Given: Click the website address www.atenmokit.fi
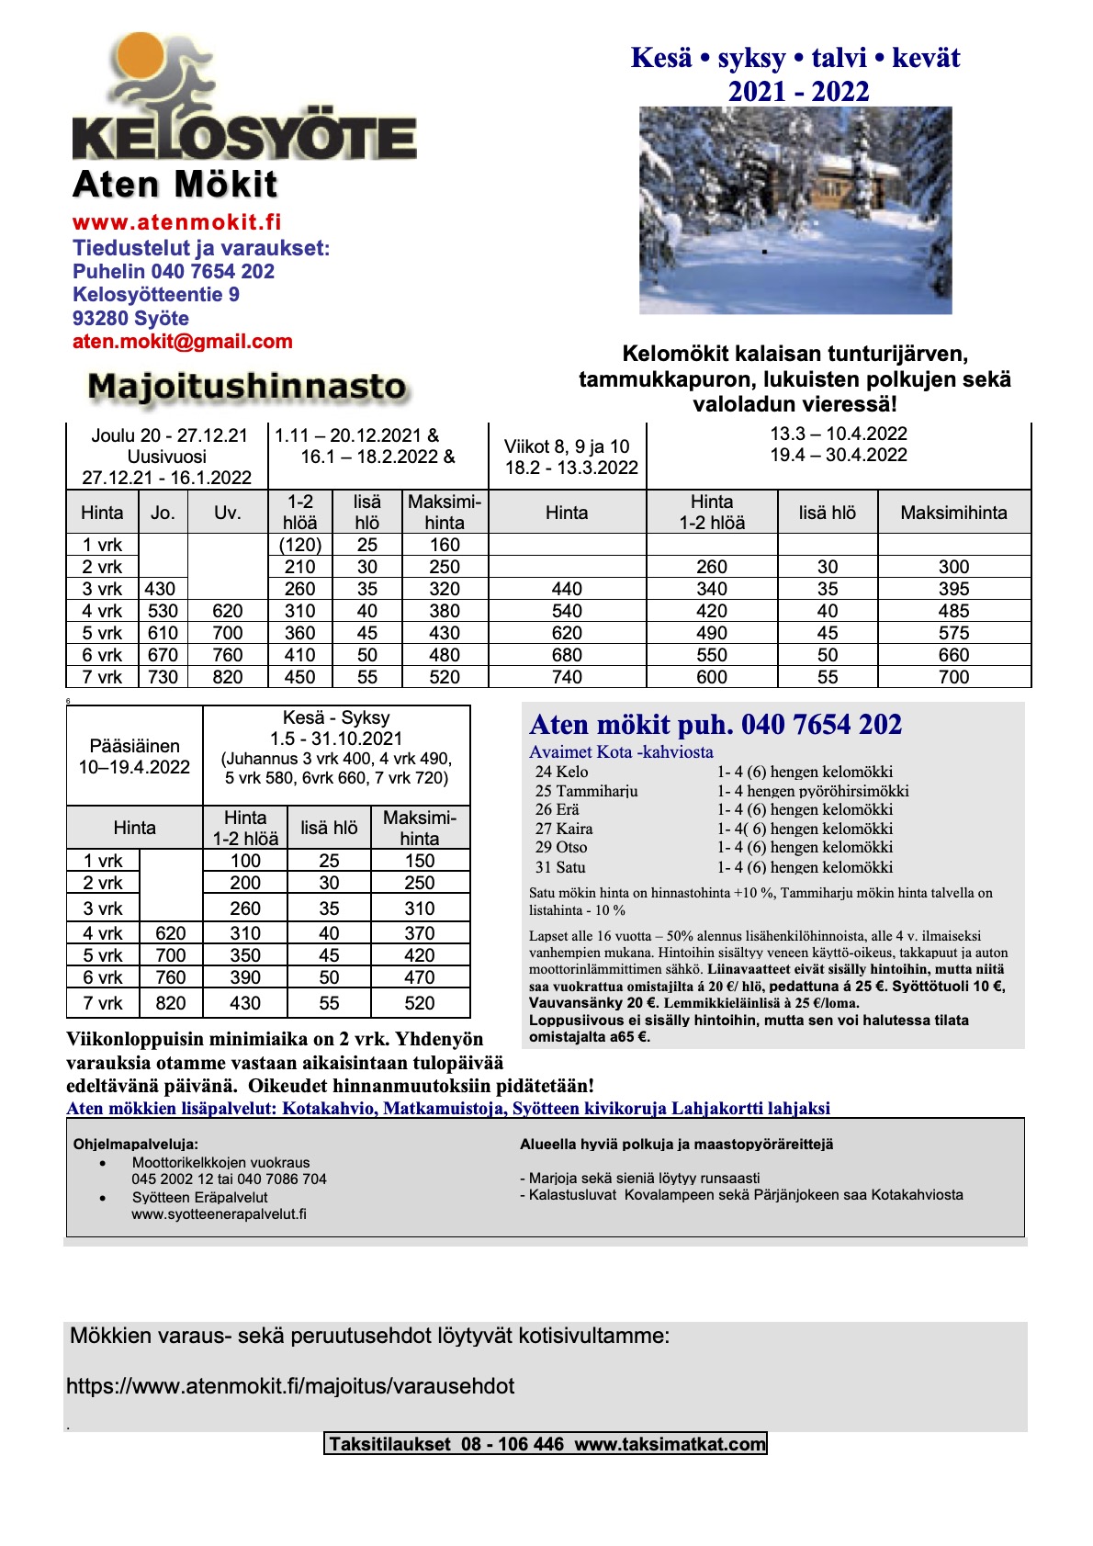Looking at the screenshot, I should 176,222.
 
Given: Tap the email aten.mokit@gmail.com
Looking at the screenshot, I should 182,342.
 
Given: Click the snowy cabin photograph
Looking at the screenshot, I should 794,210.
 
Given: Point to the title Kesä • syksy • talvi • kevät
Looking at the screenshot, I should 794,58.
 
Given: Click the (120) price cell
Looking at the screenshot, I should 300,545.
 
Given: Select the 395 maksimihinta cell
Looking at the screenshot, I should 953,589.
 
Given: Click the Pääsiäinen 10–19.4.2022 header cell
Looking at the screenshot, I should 134,757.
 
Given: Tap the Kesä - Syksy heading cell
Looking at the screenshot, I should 336,717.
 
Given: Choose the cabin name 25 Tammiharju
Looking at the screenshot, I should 586,791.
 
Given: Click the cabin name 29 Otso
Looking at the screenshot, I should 561,847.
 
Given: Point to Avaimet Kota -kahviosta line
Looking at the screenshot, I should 621,752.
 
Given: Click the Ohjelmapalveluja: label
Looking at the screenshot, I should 135,1145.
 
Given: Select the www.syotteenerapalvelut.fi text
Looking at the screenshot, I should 219,1214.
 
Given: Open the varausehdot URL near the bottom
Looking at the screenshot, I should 290,1386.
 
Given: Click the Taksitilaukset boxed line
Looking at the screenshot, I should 546,1444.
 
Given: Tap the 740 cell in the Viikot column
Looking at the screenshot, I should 567,677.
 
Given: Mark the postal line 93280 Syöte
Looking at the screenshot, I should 130,319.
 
